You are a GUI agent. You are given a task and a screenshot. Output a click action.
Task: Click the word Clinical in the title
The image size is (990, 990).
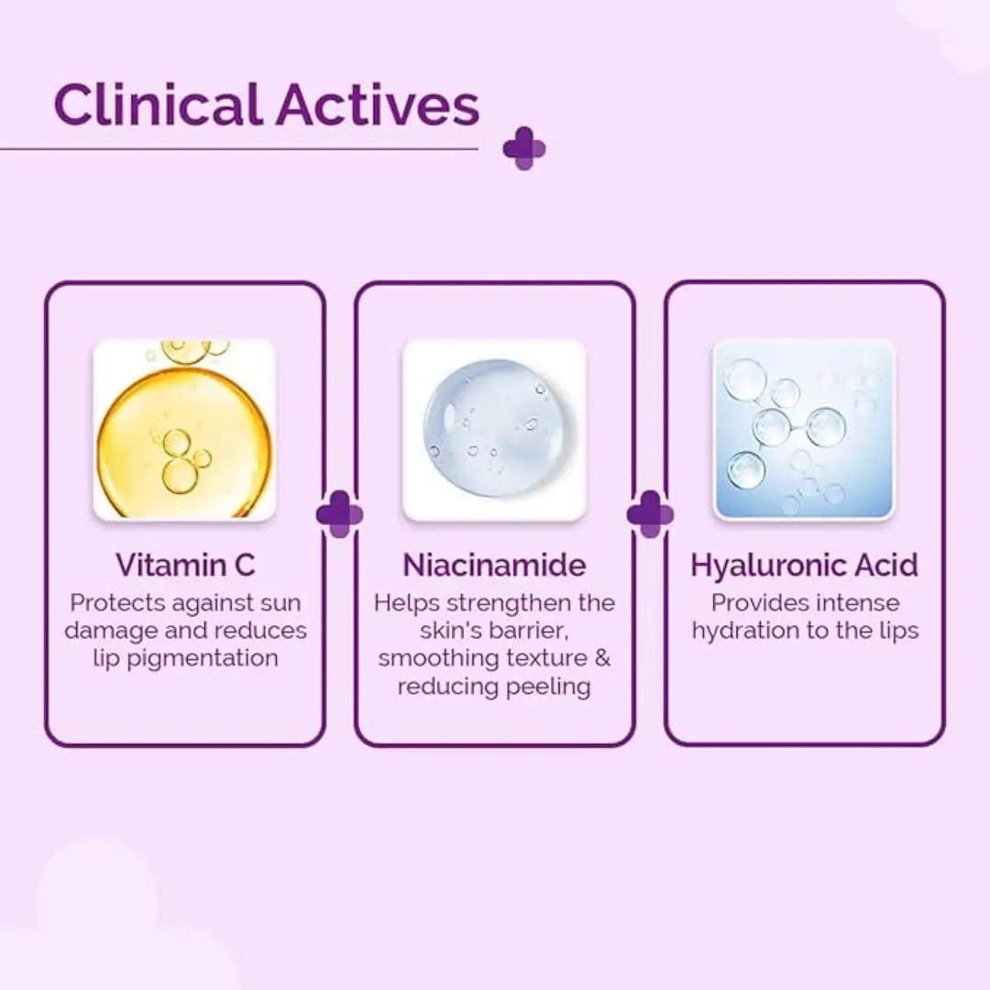pos(159,104)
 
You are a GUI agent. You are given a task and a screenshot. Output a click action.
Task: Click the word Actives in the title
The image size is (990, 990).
pos(378,104)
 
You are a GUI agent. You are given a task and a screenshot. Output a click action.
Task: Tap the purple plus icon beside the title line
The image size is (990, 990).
pos(524,149)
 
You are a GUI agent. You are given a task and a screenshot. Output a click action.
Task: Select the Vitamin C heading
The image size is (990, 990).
pos(185,565)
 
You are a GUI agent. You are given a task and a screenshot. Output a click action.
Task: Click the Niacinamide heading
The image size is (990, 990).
pos(494,565)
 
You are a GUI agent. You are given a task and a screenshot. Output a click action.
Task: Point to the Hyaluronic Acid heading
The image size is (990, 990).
pos(805,565)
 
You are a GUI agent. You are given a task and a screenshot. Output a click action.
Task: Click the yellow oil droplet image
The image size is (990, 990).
pos(184,430)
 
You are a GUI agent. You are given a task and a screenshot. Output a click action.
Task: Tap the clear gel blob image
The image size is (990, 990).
pos(494,430)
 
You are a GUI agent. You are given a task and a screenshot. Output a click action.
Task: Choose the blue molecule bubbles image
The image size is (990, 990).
pos(805,430)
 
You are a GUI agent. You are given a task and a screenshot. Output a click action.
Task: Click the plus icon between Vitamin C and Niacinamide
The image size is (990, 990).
pos(340,514)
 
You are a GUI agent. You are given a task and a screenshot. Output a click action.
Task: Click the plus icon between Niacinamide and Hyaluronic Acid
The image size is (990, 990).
pos(650,514)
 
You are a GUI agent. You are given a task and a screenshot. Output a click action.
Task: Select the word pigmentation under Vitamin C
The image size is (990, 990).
pos(203,659)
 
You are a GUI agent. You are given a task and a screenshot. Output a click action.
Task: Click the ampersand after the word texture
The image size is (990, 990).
pos(603,658)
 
